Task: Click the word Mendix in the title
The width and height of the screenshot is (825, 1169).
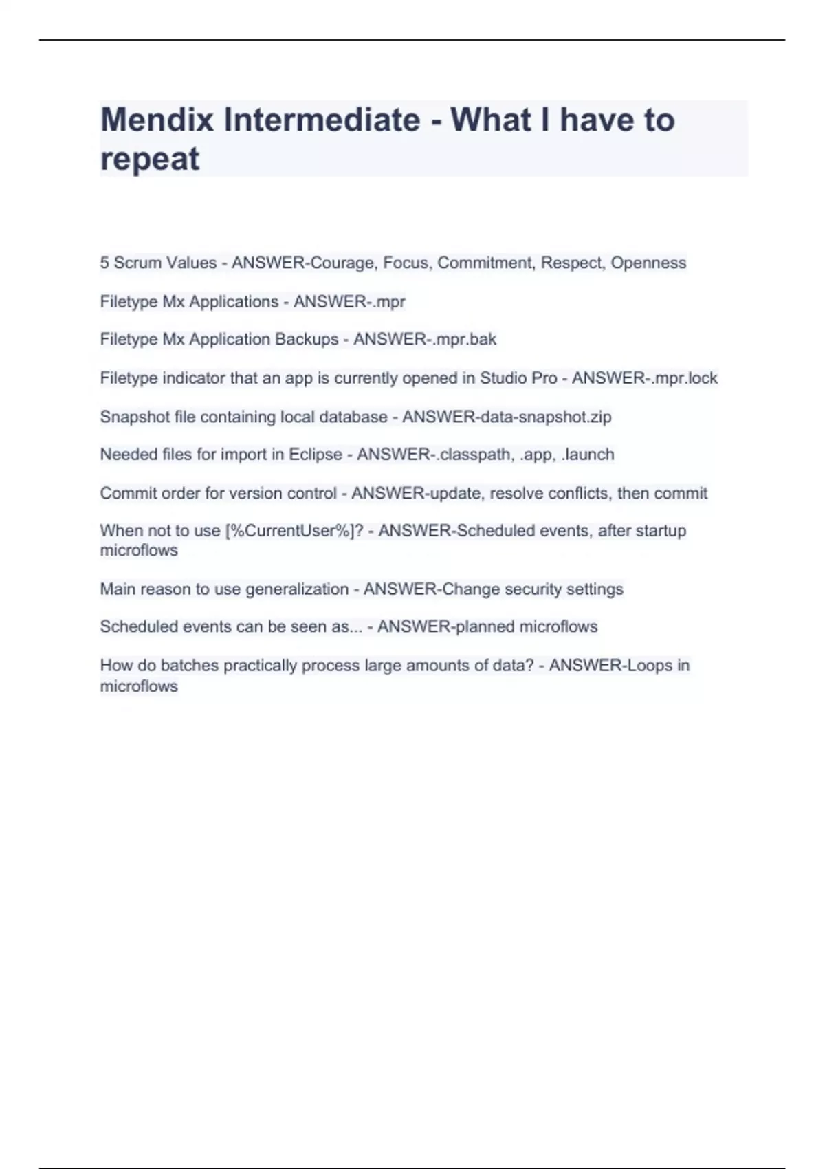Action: (x=157, y=120)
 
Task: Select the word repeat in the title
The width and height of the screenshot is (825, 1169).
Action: (x=149, y=159)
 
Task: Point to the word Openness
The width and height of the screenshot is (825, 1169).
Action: (x=648, y=263)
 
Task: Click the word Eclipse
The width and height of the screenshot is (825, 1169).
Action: (x=316, y=455)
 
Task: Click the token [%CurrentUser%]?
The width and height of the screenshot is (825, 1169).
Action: (x=294, y=531)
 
